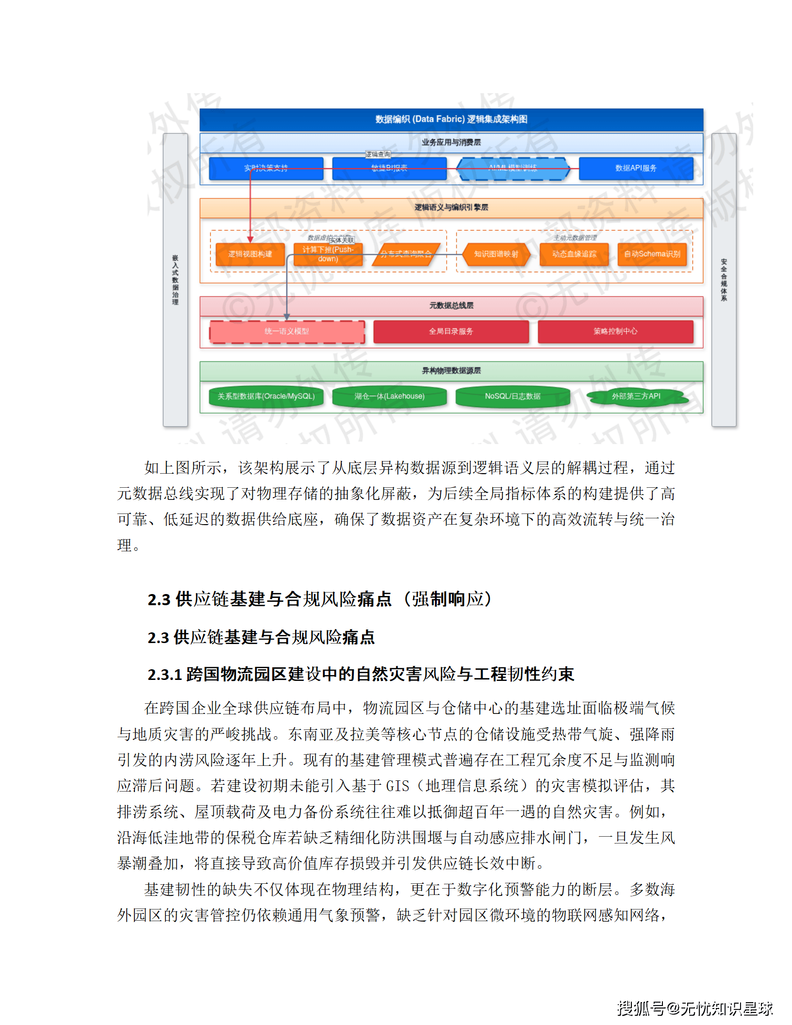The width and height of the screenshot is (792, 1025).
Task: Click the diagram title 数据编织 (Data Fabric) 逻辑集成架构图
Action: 451,119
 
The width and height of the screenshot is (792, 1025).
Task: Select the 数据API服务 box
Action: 636,168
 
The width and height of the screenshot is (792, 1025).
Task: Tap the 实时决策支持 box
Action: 266,168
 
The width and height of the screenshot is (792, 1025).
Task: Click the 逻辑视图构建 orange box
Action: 250,254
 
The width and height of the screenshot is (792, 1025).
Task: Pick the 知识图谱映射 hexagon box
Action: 496,254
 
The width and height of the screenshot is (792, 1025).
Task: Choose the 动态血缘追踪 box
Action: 574,254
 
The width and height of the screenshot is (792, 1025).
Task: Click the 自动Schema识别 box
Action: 652,254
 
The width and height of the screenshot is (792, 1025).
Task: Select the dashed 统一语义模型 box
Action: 287,331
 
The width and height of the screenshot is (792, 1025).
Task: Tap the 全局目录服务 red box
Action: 451,331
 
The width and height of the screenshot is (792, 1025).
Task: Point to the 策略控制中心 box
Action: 615,331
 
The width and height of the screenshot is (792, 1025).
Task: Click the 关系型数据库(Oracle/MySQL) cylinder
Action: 266,397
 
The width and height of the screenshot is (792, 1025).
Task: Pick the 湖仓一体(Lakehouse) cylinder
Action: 389,397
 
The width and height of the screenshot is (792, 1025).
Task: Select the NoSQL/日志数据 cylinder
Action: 512,397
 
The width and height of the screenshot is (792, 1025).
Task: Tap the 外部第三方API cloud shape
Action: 636,397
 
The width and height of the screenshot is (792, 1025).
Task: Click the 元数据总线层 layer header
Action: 451,306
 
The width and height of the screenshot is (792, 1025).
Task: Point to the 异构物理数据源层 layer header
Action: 451,371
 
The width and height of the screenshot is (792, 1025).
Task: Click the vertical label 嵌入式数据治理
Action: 175,280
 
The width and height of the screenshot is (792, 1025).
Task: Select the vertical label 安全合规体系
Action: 724,280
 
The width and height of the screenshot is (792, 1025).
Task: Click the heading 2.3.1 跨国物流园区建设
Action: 361,674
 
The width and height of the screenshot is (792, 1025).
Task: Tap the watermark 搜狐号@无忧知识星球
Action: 694,1008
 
